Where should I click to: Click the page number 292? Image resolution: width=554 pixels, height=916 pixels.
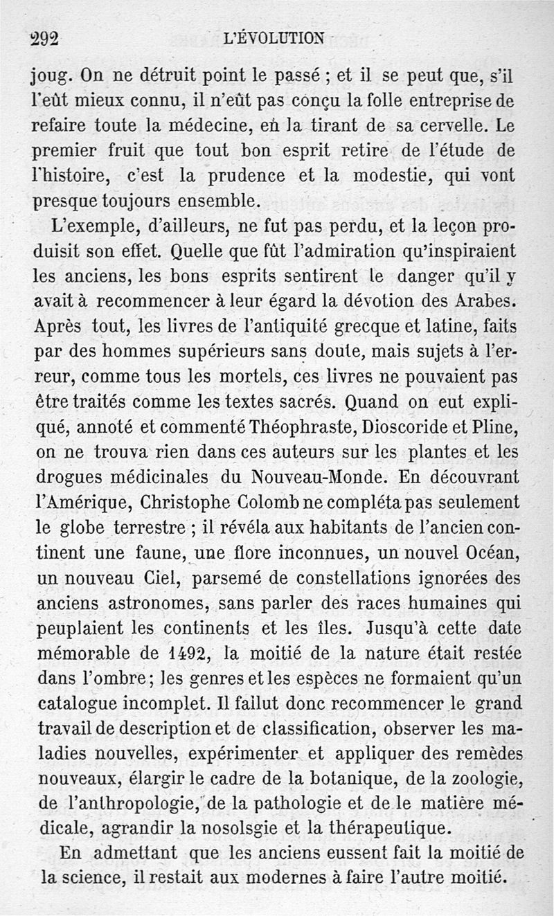pos(45,38)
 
